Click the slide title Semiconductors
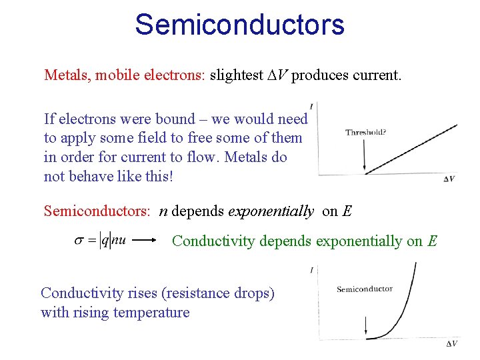239,25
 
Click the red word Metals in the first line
66,75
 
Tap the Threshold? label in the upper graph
365,132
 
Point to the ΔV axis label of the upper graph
450,179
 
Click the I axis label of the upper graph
312,105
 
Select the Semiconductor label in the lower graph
365,289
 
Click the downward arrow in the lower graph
366,325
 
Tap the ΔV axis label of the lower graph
451,343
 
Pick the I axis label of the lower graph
311,270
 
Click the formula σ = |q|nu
99,241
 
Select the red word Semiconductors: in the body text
97,211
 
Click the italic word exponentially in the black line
271,211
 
